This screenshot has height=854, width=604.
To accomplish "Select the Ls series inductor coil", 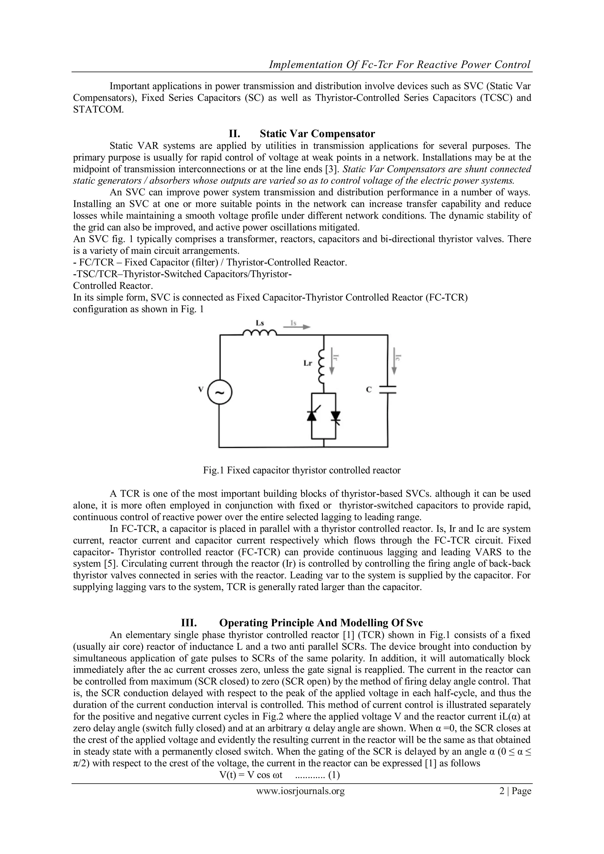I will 259,333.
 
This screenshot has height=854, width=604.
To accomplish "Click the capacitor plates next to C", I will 388,390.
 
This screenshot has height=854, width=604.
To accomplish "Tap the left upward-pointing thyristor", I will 312,416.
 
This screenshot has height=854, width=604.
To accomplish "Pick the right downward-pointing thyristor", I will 336,416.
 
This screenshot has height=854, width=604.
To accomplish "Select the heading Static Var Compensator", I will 317,134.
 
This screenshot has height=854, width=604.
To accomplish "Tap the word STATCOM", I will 97,110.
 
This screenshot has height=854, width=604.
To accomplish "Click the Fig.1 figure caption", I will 302,471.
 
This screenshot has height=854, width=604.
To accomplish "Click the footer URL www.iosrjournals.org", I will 301,791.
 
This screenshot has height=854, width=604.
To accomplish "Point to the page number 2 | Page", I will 515,791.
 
